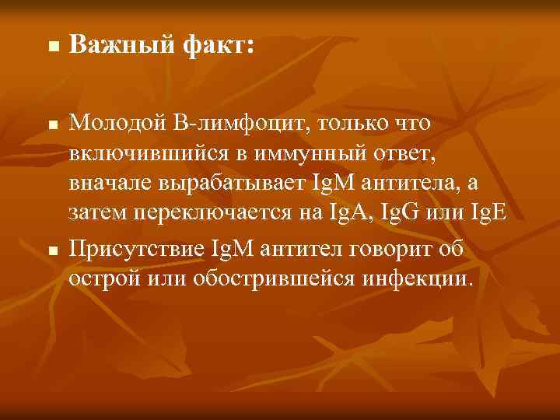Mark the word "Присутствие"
click(x=137, y=248)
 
